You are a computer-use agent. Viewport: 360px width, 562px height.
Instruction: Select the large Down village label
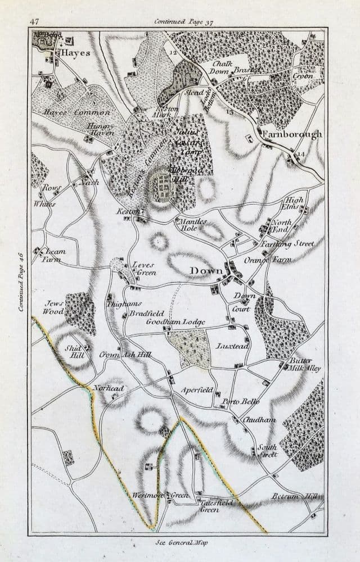pyautogui.click(x=206, y=271)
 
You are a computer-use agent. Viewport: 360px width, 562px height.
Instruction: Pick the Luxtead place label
pyautogui.click(x=232, y=346)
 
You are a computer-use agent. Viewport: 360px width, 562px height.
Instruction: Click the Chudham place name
pyautogui.click(x=257, y=420)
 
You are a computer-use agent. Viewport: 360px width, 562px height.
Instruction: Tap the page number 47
pyautogui.click(x=34, y=21)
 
